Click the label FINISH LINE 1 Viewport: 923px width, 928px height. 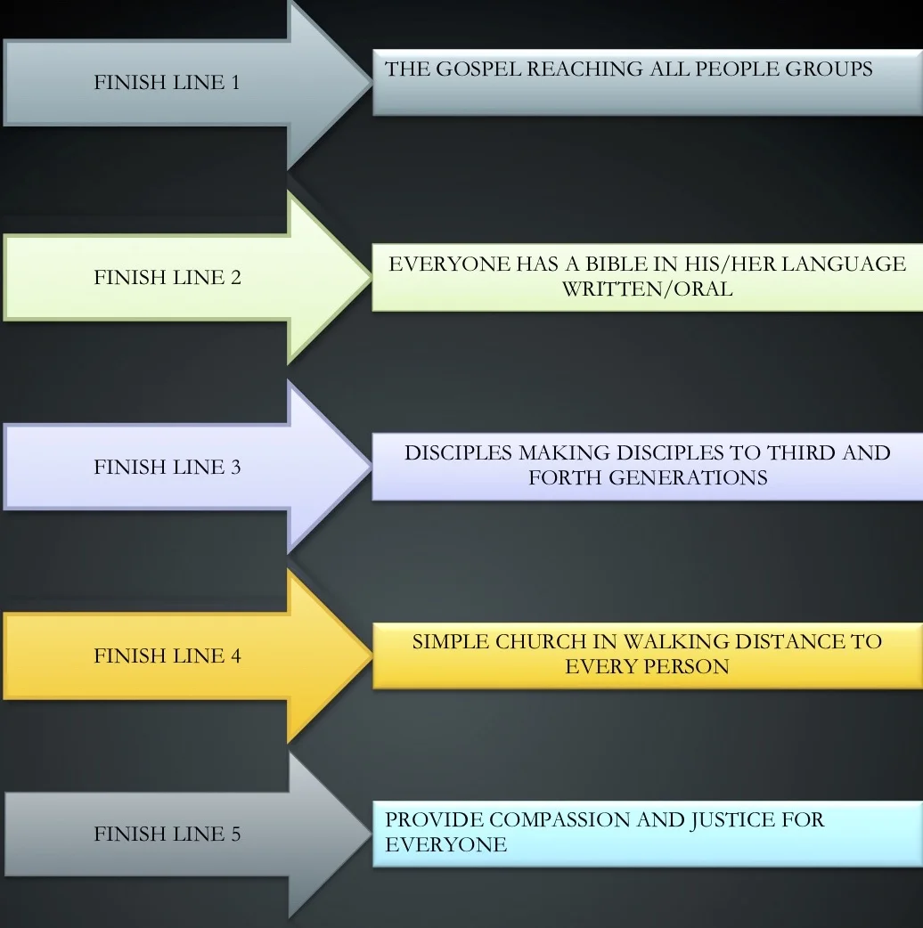167,83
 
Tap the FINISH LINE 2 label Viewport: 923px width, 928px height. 167,277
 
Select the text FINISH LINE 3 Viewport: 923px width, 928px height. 167,467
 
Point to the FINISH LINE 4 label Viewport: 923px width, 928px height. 167,656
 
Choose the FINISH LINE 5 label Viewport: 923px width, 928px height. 167,834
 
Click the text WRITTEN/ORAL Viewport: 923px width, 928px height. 647,289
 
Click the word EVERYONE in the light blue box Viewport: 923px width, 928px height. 445,844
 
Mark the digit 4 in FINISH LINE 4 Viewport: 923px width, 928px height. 236,656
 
